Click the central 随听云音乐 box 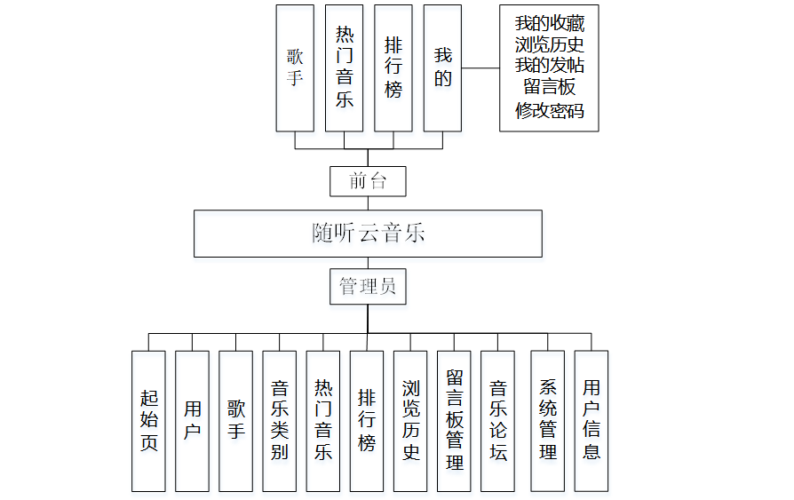(x=368, y=234)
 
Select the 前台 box (x=368, y=181)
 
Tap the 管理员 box (x=368, y=287)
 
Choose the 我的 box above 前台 (x=442, y=68)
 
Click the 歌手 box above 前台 (x=295, y=68)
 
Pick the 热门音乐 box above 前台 (x=345, y=68)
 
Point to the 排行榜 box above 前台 (x=393, y=68)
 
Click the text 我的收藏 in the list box (x=549, y=23)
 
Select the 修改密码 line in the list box (x=549, y=110)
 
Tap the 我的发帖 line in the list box (x=549, y=66)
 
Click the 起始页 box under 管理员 (x=148, y=421)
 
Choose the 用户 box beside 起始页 (x=192, y=421)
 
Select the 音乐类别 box (x=280, y=421)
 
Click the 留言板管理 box (x=454, y=421)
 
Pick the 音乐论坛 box (x=498, y=421)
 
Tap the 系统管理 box (x=548, y=421)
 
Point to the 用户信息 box (x=592, y=421)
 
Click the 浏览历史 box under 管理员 (x=410, y=421)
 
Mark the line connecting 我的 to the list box (x=480, y=68)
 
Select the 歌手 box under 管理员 (x=235, y=421)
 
